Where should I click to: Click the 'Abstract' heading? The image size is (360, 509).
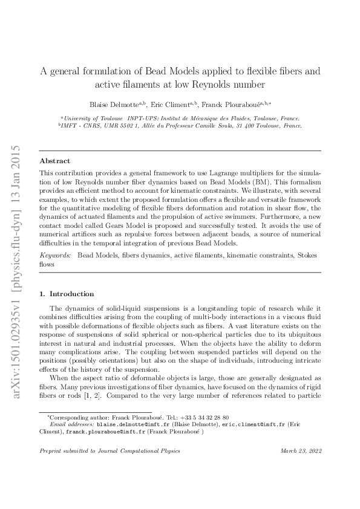coord(54,161)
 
